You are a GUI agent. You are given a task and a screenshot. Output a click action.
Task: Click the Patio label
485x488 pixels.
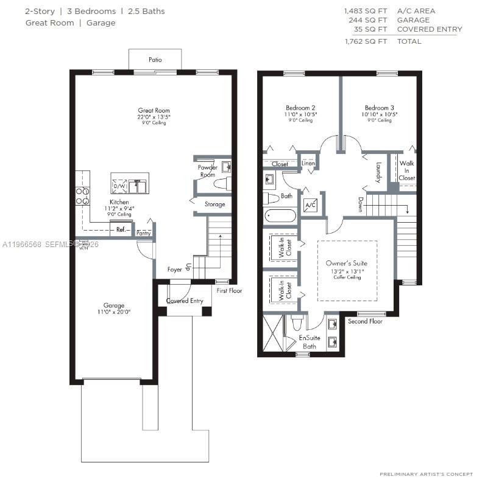coord(155,60)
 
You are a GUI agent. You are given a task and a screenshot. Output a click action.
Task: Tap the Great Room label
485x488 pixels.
coord(154,111)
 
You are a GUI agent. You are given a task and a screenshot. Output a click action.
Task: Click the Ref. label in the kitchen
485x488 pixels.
coord(121,229)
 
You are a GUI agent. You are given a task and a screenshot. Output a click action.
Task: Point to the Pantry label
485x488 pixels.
coord(143,233)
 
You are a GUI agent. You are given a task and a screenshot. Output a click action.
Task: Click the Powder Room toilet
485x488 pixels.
coord(222,183)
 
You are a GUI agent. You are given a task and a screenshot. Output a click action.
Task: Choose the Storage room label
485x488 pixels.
coord(214,204)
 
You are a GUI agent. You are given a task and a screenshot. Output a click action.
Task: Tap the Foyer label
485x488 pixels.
coord(175,269)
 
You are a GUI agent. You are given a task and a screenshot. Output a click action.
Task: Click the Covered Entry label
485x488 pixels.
coord(185,301)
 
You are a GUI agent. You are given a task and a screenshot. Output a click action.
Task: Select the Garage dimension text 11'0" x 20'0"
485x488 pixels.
coord(114,312)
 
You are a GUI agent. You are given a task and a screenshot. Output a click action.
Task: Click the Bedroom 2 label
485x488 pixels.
coord(300,108)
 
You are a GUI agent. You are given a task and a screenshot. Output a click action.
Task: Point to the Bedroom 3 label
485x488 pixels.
coord(380,108)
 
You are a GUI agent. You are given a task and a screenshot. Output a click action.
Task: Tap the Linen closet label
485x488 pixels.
coord(308,164)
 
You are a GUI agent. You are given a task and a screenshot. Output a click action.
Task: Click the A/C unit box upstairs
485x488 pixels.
coord(310,204)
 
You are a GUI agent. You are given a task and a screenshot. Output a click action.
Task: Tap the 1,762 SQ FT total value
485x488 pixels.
coord(366,41)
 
